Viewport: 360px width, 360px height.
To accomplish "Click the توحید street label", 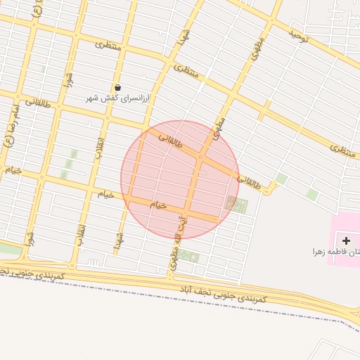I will point(299,34).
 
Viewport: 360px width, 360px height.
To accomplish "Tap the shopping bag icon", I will point(117,86).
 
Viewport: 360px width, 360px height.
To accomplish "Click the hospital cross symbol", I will point(346,240).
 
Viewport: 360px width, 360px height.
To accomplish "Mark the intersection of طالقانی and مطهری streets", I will point(202,157).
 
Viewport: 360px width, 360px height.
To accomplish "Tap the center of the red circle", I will point(180,180).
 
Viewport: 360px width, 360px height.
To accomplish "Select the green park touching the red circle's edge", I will point(237,205).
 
